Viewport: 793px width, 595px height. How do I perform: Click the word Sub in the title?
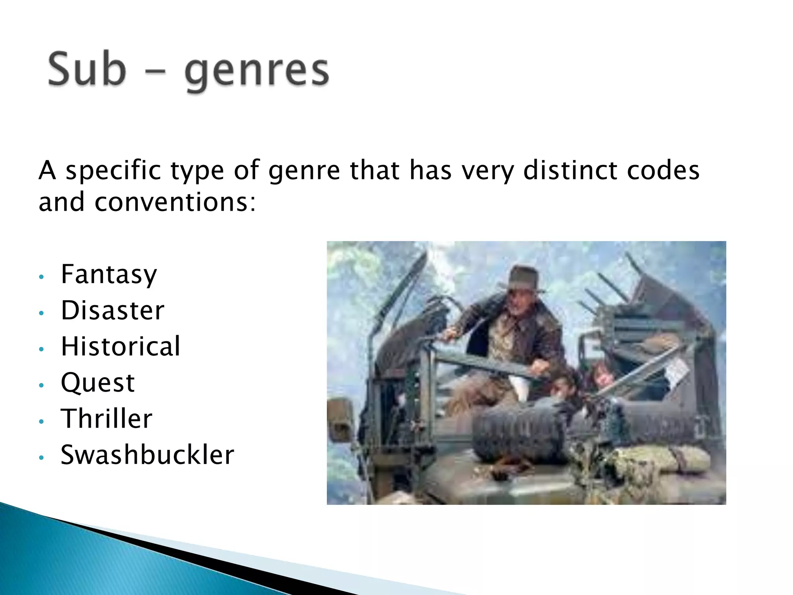click(87, 70)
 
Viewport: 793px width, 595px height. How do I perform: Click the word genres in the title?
click(257, 72)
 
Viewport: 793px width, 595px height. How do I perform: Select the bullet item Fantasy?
click(109, 274)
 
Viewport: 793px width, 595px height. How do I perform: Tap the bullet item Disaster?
click(113, 310)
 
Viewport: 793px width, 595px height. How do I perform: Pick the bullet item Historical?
click(120, 346)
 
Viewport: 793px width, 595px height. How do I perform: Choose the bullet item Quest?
click(98, 383)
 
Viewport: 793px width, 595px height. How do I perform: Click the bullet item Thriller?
click(106, 419)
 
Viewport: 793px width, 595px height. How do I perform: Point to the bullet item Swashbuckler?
click(147, 455)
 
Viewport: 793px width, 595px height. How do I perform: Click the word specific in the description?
click(113, 170)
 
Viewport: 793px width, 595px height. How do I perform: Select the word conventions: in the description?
click(175, 202)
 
